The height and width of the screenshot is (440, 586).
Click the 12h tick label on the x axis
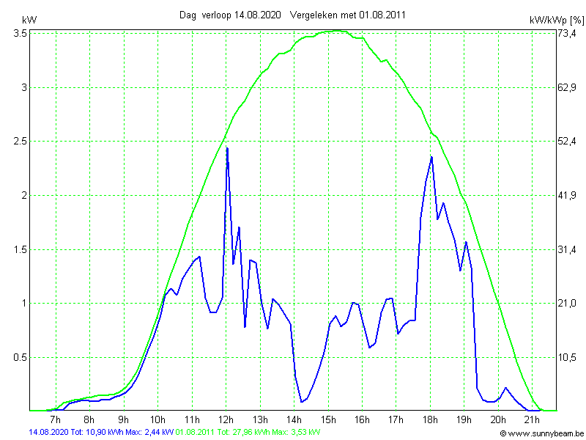(226, 419)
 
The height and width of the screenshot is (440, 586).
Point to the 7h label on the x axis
(56, 419)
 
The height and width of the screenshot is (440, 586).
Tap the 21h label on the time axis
(532, 419)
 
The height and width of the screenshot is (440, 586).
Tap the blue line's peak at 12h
(227, 148)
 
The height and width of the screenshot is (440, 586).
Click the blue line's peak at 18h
(431, 157)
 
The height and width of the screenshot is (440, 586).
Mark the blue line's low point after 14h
(302, 401)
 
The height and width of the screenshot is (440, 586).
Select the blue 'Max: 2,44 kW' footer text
(149, 433)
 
